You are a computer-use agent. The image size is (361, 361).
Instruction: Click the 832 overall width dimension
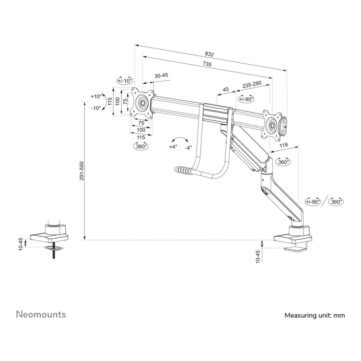(209, 54)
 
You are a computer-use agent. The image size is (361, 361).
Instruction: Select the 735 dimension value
(207, 64)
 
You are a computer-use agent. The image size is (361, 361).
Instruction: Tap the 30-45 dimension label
(161, 75)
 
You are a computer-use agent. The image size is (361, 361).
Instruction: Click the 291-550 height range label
(82, 171)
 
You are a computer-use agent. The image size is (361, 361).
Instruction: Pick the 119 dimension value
(284, 145)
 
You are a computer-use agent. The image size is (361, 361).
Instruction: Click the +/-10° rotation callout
(125, 81)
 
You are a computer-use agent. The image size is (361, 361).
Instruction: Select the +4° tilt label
(173, 147)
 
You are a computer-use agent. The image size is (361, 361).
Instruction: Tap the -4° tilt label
(188, 148)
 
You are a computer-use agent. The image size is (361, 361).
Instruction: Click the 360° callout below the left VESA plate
(141, 146)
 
